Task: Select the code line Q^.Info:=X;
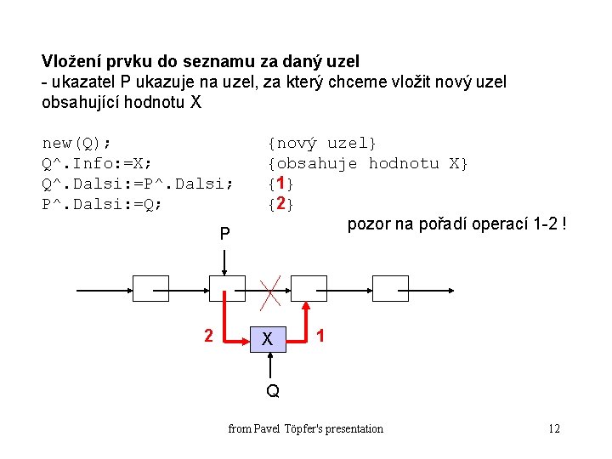(x=96, y=163)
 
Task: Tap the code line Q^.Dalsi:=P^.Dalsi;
(x=137, y=184)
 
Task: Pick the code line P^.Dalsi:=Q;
(x=101, y=204)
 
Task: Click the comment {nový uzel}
(x=322, y=143)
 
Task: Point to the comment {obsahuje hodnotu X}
(x=367, y=163)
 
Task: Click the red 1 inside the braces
(x=281, y=184)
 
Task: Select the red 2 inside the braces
(x=281, y=204)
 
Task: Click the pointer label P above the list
(x=224, y=233)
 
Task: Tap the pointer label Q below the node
(x=272, y=392)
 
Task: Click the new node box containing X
(x=268, y=338)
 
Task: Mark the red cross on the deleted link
(x=271, y=290)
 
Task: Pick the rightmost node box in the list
(x=390, y=289)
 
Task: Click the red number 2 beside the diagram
(x=208, y=336)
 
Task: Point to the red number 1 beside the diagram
(x=320, y=336)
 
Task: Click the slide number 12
(x=554, y=428)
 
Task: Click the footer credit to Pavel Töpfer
(x=306, y=428)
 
